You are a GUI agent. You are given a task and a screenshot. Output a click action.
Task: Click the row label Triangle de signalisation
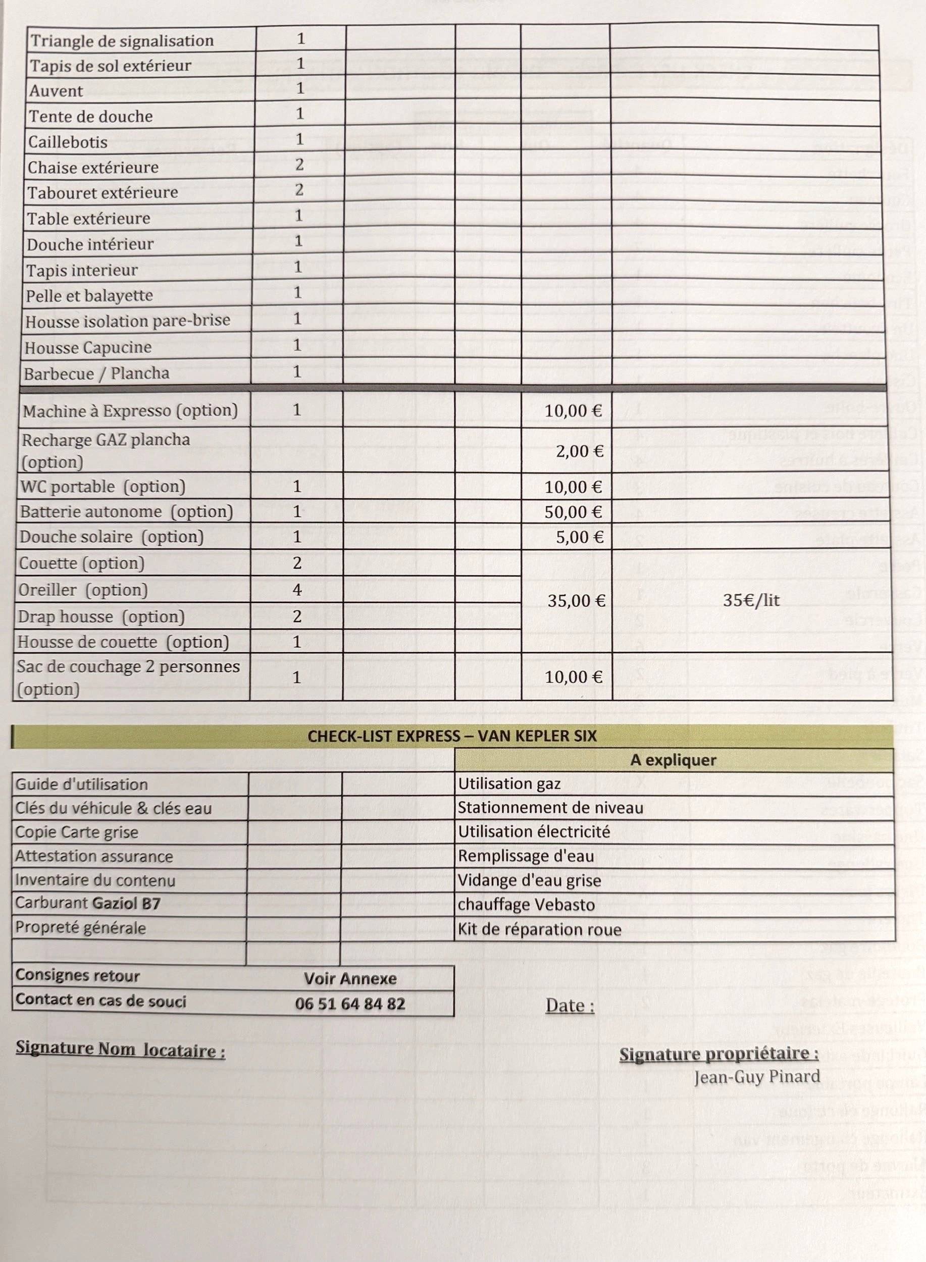coord(121,41)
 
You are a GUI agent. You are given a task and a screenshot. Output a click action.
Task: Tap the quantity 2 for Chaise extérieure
coord(299,165)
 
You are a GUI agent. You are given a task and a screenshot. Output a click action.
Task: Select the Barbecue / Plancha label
coord(96,373)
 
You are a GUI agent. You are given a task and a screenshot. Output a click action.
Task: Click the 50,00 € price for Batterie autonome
coord(573,512)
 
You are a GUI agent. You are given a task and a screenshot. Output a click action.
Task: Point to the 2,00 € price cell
coord(579,451)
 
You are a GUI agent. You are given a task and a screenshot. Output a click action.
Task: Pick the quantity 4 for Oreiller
coord(297,590)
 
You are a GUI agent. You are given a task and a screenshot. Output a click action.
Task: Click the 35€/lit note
coord(751,600)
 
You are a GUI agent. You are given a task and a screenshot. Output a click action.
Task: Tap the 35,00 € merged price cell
coord(576,601)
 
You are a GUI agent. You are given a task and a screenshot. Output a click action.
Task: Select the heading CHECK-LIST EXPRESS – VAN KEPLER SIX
coord(452,736)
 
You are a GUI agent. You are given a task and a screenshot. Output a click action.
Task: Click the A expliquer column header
coord(673,760)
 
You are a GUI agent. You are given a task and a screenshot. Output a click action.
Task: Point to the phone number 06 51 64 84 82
coord(350,1003)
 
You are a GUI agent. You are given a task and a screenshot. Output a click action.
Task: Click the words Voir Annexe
coord(350,978)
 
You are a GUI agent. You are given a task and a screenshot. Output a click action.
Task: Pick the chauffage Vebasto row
coord(526,905)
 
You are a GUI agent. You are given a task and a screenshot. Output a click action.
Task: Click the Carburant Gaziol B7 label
coord(87,904)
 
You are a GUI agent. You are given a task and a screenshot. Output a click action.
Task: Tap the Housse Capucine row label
coord(87,347)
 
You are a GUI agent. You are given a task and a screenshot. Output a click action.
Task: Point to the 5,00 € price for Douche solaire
coord(580,537)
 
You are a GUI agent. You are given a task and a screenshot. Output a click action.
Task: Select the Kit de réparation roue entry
coord(539,930)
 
